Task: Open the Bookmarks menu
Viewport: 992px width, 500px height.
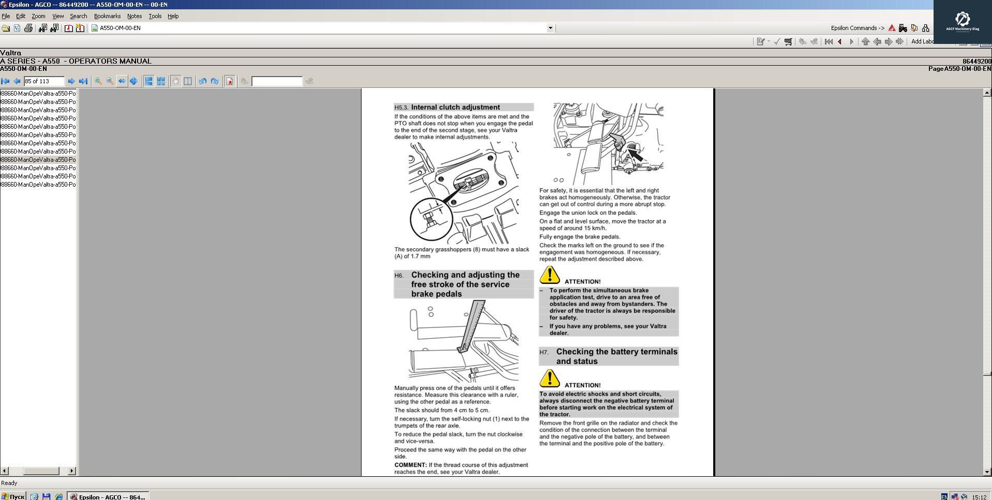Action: click(x=107, y=16)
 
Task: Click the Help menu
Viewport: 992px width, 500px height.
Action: click(x=173, y=16)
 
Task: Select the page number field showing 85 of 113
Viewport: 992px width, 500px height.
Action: click(x=44, y=81)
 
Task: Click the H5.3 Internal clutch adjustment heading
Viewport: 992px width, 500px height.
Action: click(x=455, y=107)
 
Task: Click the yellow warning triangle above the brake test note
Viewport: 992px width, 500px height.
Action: click(x=549, y=275)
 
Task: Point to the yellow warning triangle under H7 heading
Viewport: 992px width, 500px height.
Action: click(x=549, y=378)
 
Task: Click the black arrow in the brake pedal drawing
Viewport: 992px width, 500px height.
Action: click(x=635, y=154)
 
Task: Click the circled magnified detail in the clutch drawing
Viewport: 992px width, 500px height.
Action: click(x=431, y=218)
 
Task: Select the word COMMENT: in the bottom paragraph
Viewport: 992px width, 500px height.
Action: click(x=410, y=465)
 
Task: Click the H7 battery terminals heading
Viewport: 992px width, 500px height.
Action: click(x=616, y=356)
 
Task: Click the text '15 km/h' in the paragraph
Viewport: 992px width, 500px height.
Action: click(x=595, y=228)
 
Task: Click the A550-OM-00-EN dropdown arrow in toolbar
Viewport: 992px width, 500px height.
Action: click(x=550, y=28)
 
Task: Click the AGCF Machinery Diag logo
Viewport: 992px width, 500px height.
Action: click(x=962, y=21)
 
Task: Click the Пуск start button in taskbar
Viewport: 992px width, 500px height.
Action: click(x=13, y=496)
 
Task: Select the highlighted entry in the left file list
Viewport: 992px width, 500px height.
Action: click(x=38, y=160)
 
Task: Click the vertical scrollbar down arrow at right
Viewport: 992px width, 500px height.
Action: click(x=987, y=472)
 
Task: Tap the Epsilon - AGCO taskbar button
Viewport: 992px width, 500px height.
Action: click(x=108, y=496)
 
